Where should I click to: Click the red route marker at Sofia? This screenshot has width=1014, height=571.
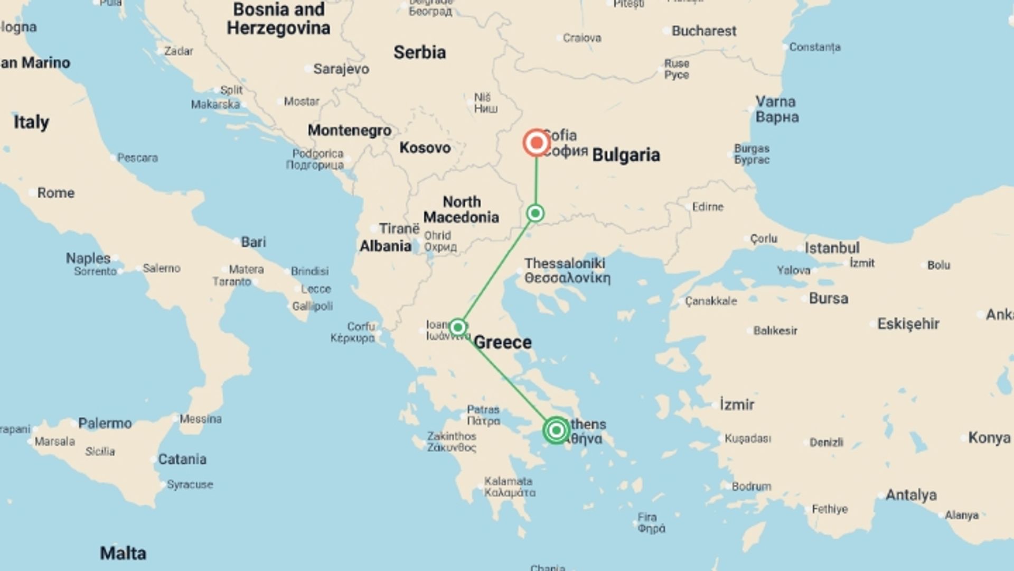[x=537, y=143]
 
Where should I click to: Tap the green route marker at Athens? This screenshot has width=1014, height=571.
[x=556, y=430]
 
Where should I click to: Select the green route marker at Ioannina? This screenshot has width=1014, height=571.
[x=458, y=327]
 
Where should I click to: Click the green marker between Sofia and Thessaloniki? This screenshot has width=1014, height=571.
[x=536, y=213]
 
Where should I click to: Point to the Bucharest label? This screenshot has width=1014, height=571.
[x=703, y=31]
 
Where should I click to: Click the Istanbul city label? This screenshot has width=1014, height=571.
[x=832, y=248]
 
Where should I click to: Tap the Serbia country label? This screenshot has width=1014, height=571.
[x=419, y=52]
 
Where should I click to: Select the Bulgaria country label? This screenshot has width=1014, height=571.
[x=626, y=155]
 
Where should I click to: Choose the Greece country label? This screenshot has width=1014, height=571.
[x=502, y=343]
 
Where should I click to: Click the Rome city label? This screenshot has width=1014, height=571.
[x=55, y=193]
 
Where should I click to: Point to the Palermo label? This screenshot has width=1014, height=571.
[x=105, y=423]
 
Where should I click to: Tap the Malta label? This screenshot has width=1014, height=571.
[x=123, y=554]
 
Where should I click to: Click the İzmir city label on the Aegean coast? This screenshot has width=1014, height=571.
[x=737, y=405]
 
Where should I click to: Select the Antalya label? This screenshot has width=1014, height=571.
[x=910, y=495]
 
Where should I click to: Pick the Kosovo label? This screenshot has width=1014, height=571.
[x=425, y=148]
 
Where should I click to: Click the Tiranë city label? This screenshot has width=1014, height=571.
[x=399, y=229]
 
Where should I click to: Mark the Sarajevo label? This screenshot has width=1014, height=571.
[x=341, y=69]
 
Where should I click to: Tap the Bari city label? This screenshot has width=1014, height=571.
[x=253, y=242]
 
